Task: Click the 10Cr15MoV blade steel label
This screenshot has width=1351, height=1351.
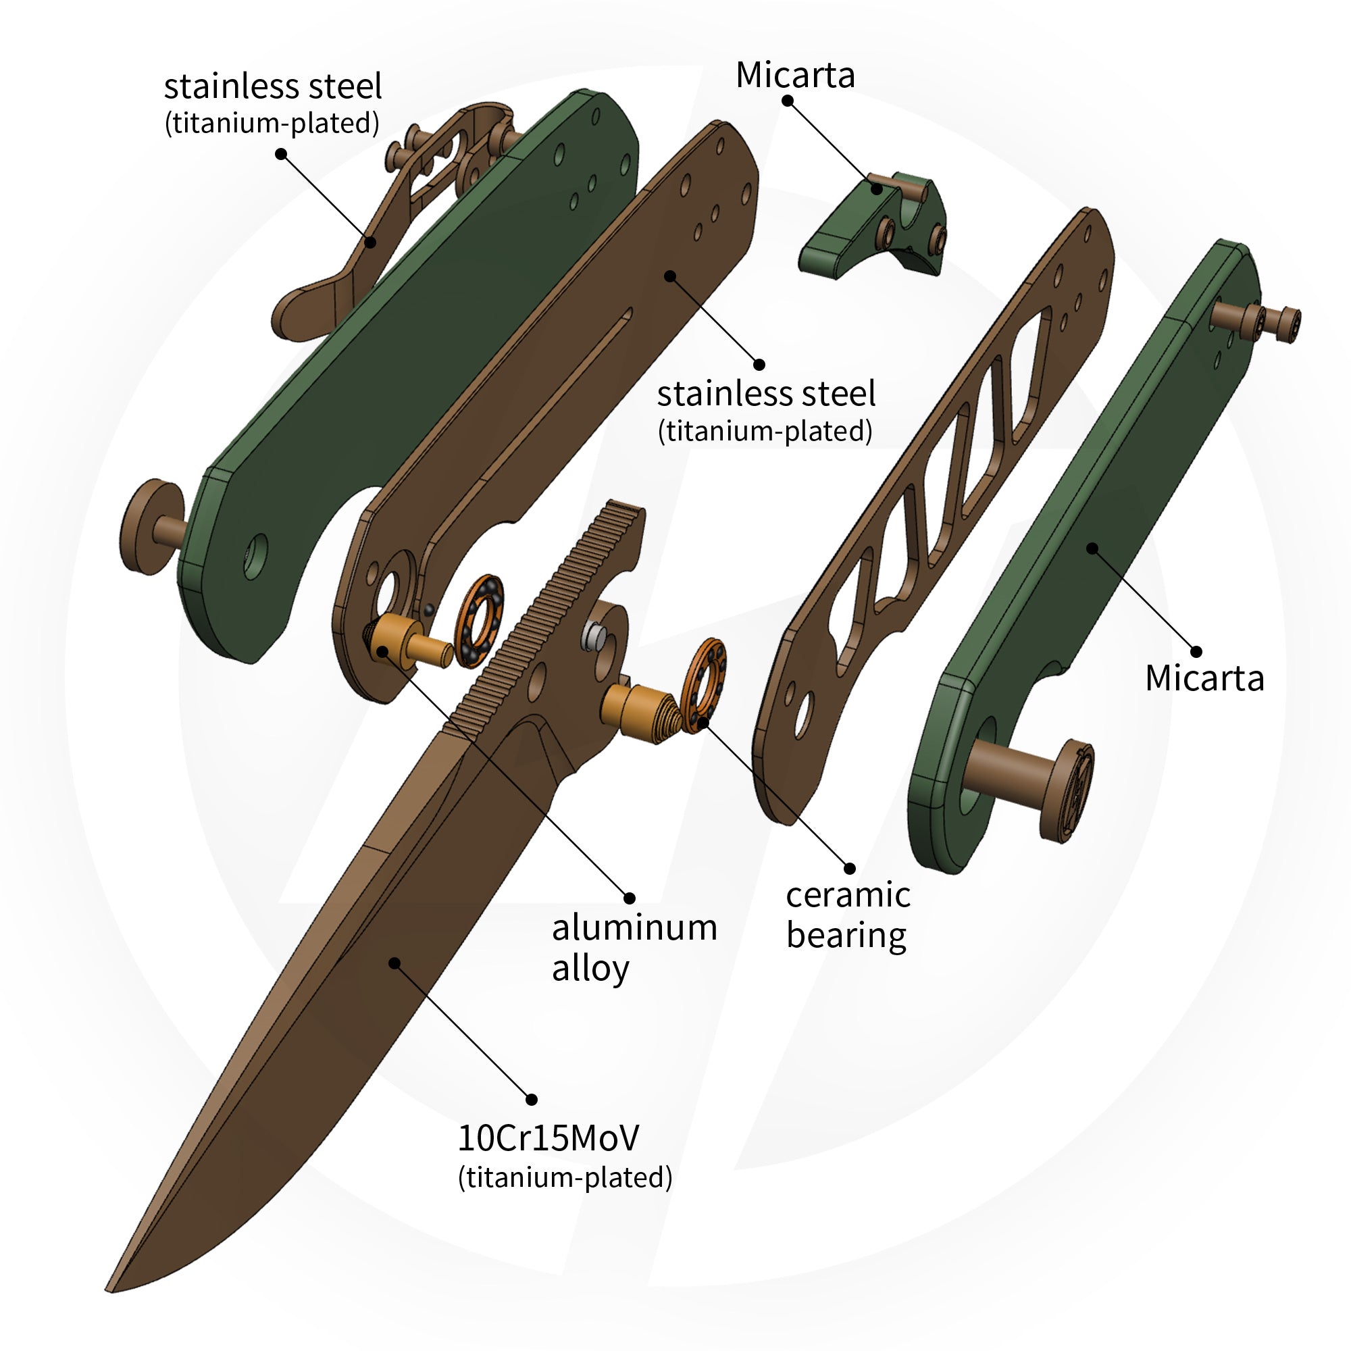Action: [548, 1138]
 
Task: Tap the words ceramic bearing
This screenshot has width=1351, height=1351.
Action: [848, 915]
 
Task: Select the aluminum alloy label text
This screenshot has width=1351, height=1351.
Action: [634, 948]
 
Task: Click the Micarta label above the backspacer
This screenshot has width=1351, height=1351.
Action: [795, 75]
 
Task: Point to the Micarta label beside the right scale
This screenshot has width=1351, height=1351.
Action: [1204, 678]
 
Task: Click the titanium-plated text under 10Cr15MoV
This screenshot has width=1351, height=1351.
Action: [564, 1177]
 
